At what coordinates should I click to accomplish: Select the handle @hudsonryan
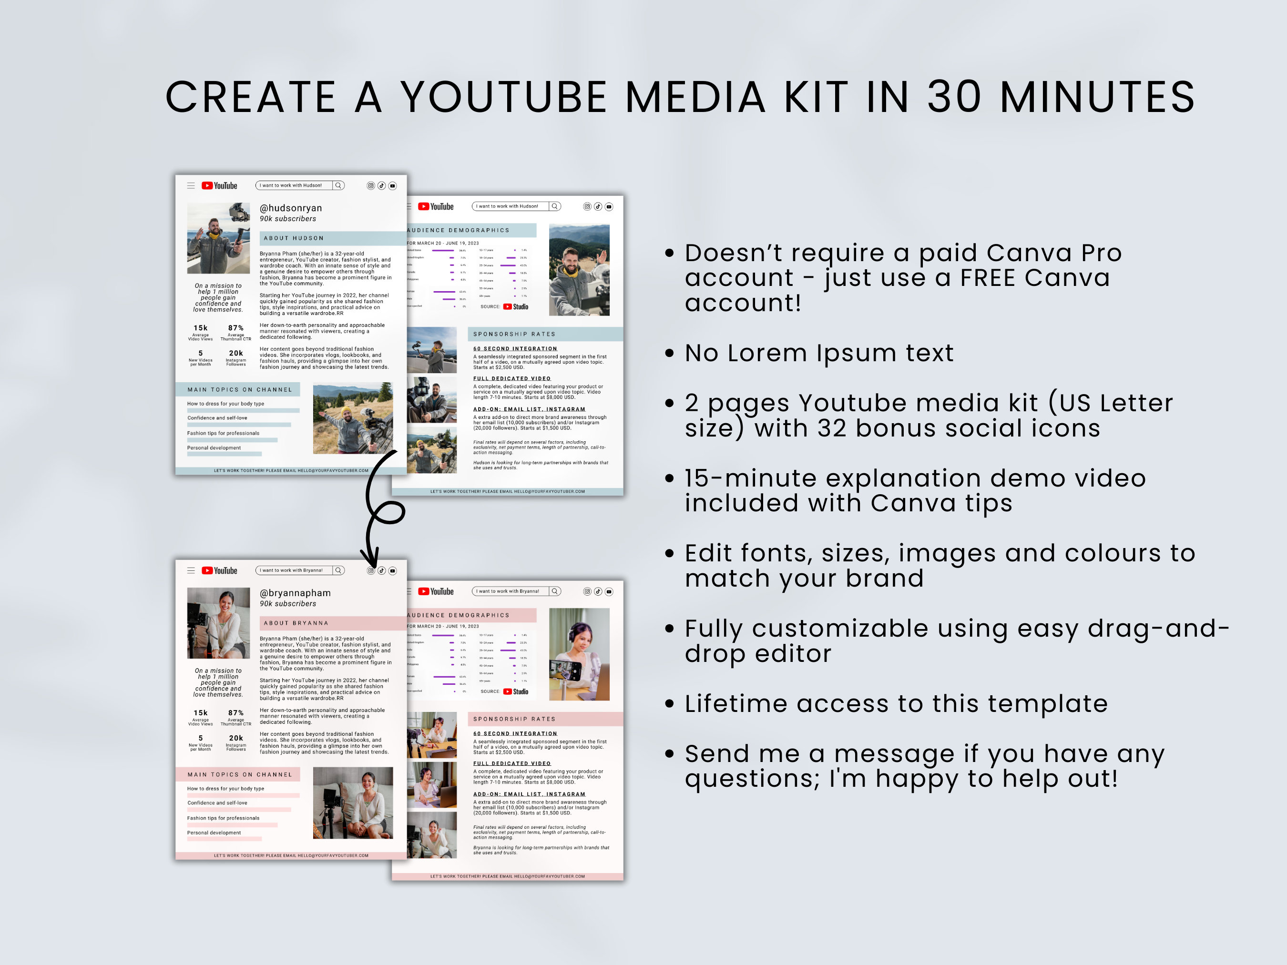(x=290, y=208)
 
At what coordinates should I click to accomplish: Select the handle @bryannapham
(x=295, y=593)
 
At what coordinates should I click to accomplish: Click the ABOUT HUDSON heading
(x=293, y=238)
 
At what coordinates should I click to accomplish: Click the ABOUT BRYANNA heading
(x=296, y=623)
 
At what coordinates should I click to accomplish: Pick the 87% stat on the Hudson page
(x=235, y=328)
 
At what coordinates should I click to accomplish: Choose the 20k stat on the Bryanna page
(x=235, y=738)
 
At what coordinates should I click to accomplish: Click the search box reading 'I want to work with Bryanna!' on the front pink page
(x=294, y=570)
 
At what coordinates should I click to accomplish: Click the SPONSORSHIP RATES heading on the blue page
(x=514, y=335)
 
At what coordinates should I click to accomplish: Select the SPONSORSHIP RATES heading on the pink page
(x=514, y=719)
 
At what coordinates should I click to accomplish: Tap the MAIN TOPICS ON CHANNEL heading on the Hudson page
(x=239, y=390)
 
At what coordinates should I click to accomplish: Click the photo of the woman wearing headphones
(x=579, y=654)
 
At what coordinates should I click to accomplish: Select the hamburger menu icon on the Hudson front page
(x=191, y=185)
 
